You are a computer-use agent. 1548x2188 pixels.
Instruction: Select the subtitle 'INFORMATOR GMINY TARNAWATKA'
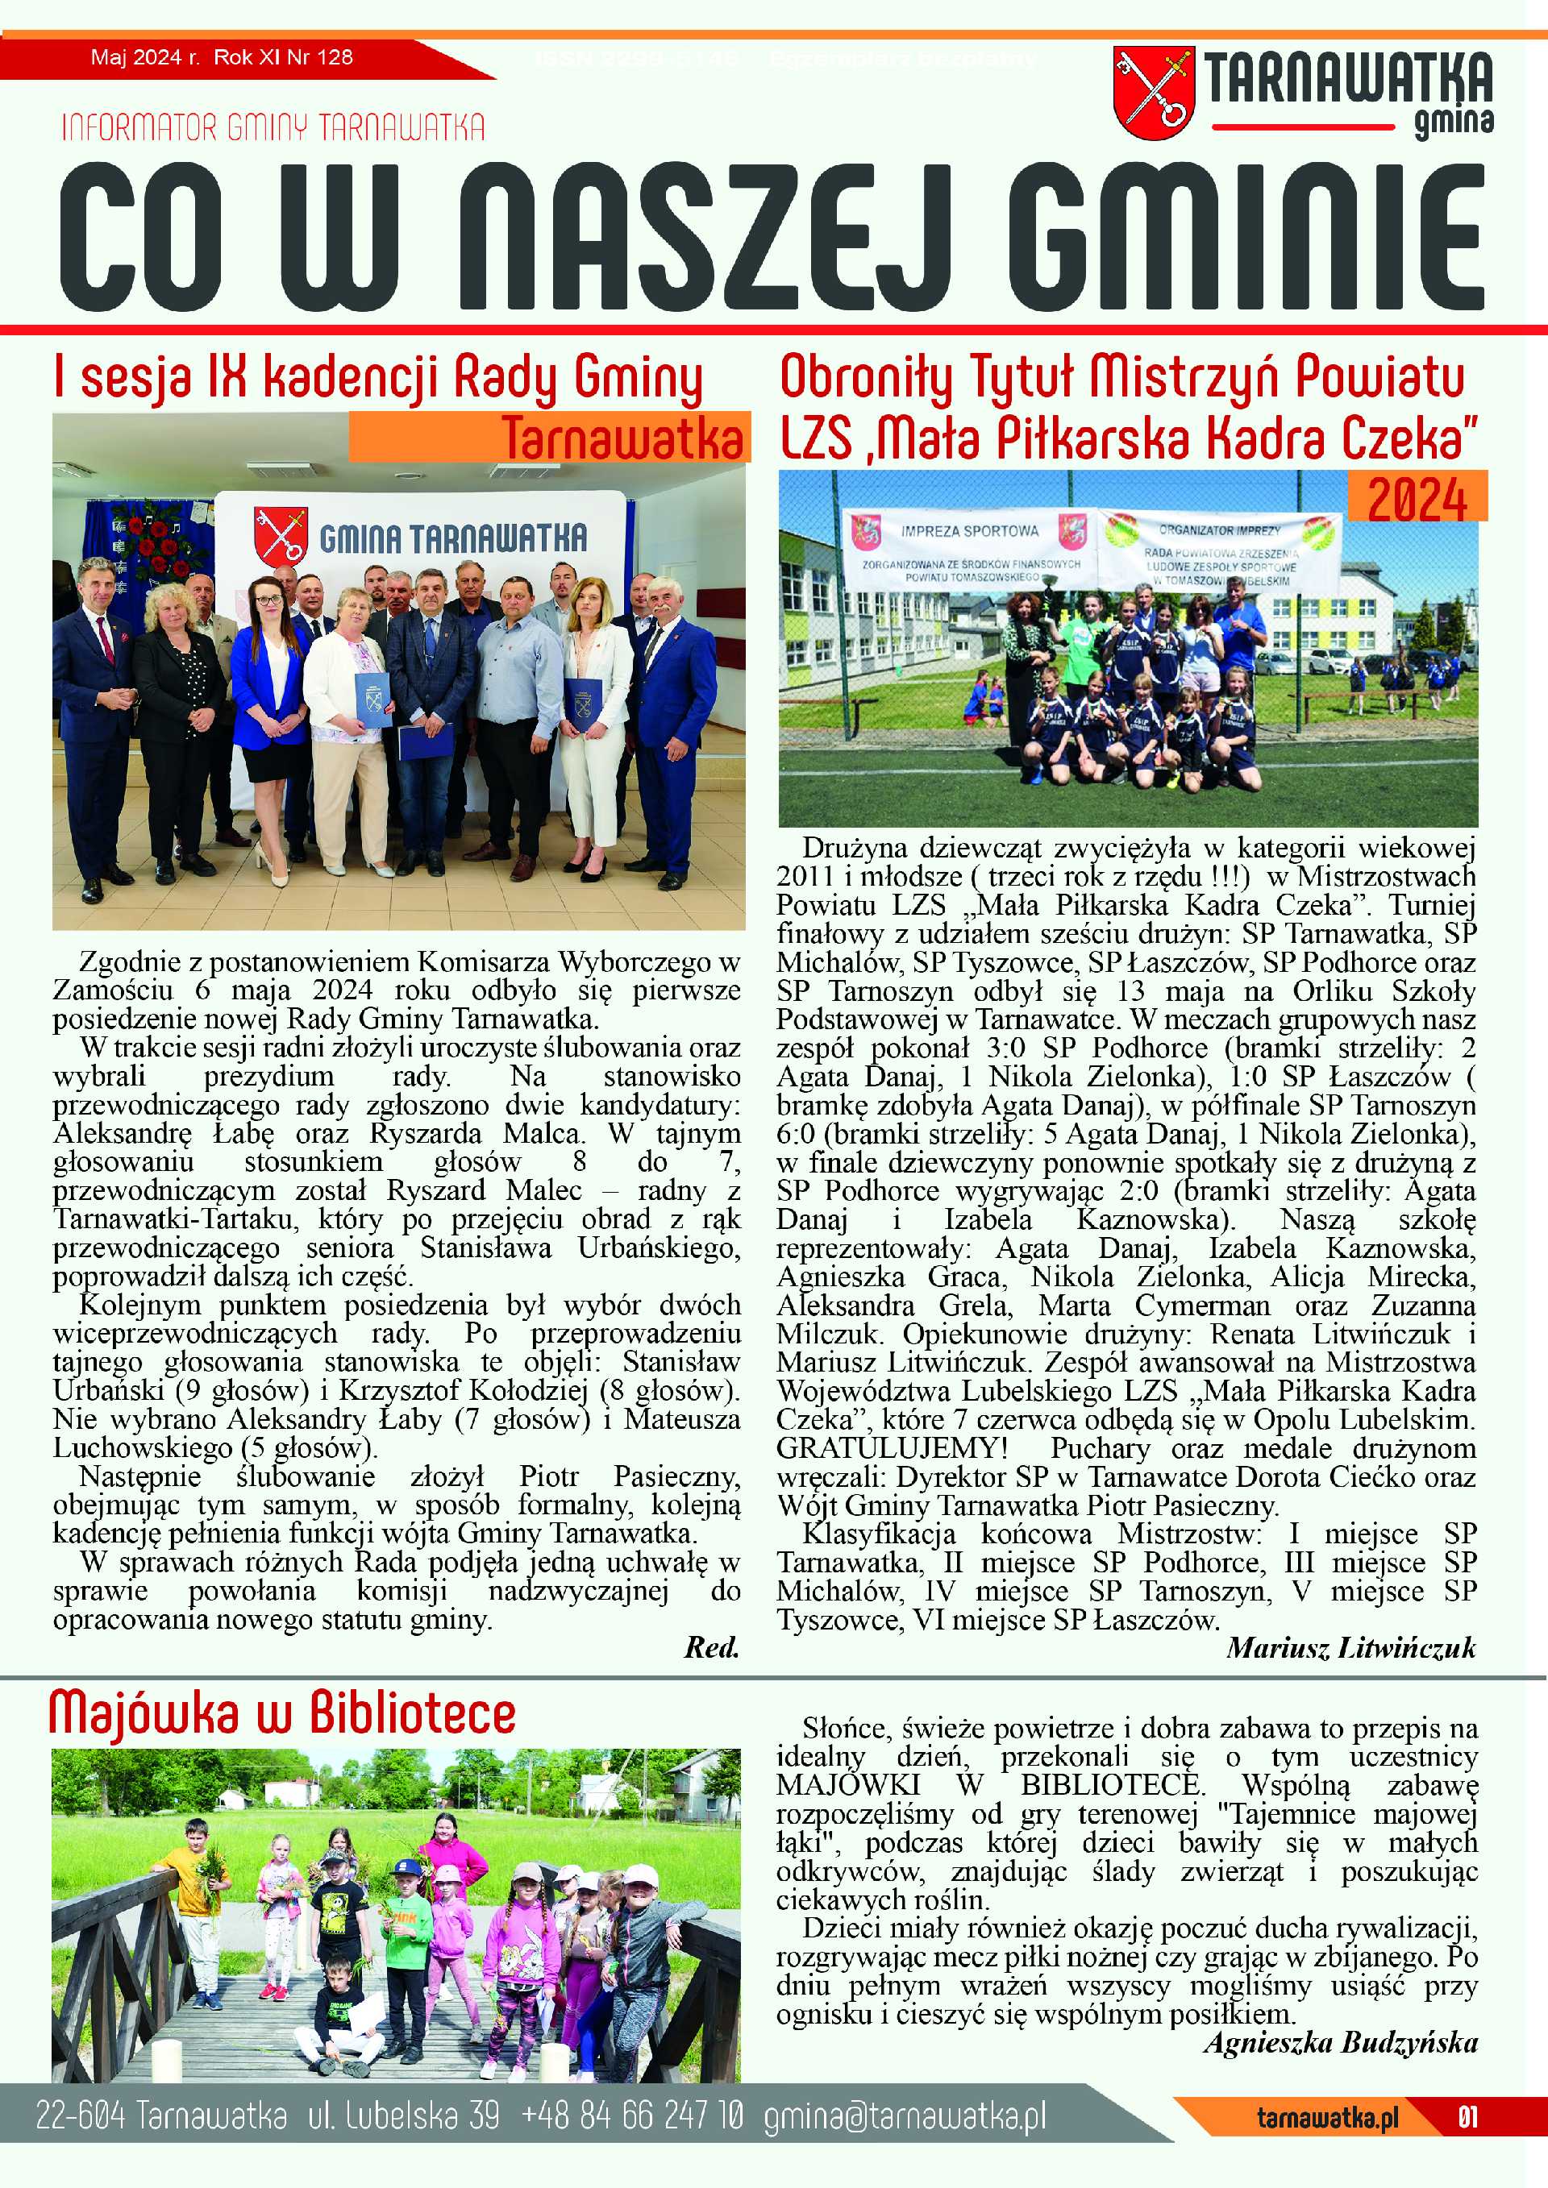(x=273, y=127)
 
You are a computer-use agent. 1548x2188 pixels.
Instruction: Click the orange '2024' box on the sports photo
(x=1417, y=497)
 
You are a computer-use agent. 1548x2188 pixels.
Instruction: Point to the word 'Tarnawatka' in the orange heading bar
(x=622, y=438)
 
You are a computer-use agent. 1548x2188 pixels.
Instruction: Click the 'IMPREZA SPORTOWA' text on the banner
(x=969, y=529)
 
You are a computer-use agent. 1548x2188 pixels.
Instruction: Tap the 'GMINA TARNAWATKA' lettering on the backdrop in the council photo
(x=453, y=538)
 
